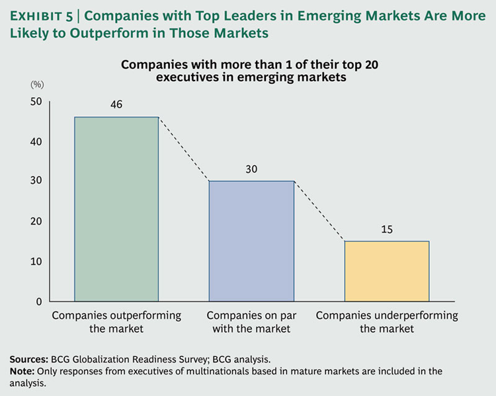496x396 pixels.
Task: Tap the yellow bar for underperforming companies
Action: tap(387, 271)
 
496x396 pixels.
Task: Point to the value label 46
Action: tap(116, 105)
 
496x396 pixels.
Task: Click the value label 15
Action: tap(387, 229)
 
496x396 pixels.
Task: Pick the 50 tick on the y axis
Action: tap(35, 101)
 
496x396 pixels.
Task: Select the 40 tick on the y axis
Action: tap(35, 141)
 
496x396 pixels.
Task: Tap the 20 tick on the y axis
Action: tap(35, 221)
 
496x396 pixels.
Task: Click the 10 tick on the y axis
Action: tap(35, 261)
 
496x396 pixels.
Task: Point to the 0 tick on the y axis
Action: tap(39, 301)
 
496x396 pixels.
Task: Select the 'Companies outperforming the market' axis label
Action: tap(116, 321)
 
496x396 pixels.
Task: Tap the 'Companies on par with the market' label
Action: tap(251, 321)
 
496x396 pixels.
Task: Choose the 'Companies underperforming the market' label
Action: tap(387, 321)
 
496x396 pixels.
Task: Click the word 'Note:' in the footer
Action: tap(22, 371)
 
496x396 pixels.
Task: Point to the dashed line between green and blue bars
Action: tap(183, 149)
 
